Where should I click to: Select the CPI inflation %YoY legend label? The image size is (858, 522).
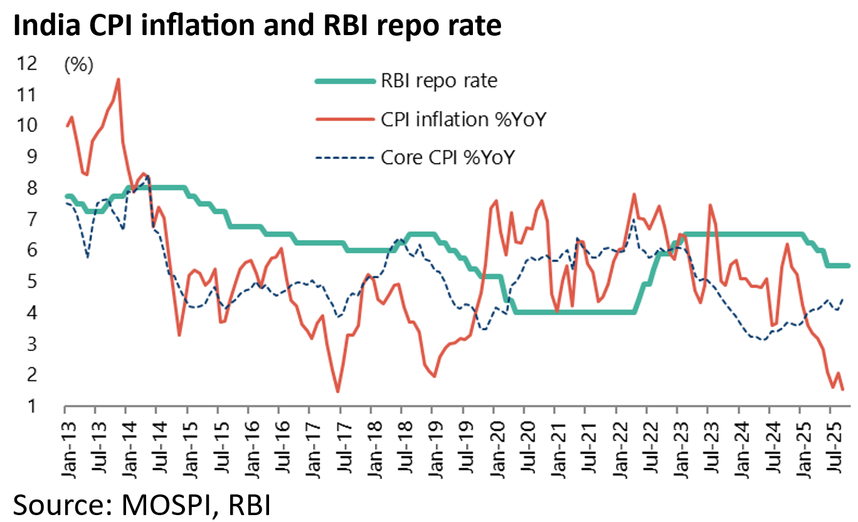[x=463, y=118]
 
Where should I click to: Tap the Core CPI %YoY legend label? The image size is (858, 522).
[x=447, y=157]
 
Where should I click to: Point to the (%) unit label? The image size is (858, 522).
[x=78, y=65]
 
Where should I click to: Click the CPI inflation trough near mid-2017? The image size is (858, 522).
[x=337, y=392]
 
